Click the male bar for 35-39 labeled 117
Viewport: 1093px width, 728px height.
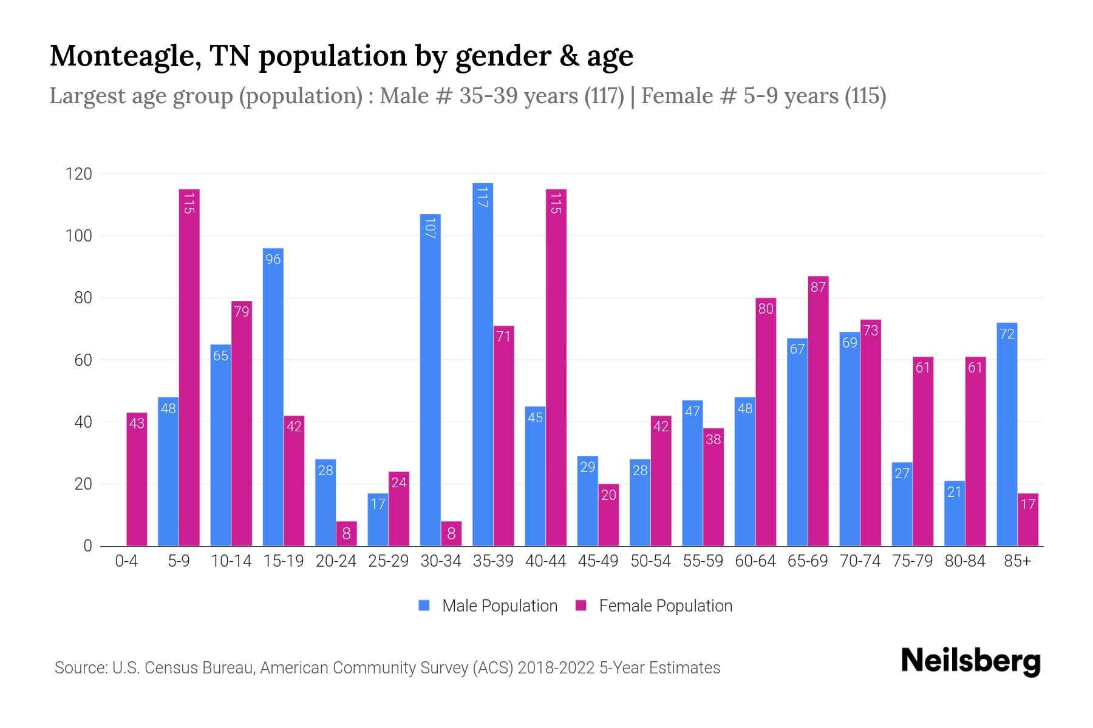[483, 364]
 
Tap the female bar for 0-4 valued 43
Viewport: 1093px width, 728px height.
[137, 479]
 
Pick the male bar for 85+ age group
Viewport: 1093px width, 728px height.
[1007, 434]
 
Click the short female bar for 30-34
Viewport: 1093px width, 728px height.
[451, 534]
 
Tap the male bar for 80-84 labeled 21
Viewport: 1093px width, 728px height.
[955, 513]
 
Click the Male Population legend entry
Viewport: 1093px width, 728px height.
[488, 605]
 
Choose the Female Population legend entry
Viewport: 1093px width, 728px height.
[655, 605]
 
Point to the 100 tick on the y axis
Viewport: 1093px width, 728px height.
[79, 236]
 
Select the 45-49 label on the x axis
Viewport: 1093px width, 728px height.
[598, 561]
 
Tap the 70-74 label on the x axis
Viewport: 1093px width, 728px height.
[860, 561]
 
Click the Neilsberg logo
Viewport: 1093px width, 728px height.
[970, 661]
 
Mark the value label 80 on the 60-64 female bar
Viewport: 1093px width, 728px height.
[766, 309]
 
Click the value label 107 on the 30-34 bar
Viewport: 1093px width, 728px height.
[430, 227]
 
